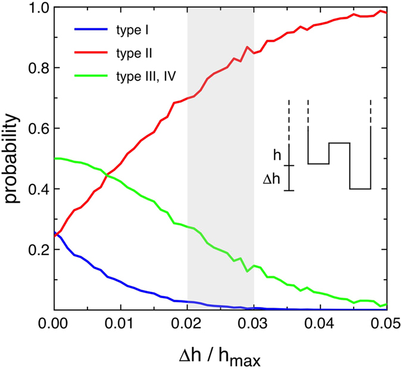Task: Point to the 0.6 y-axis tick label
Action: tap(36, 128)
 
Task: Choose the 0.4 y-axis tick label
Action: tap(36, 189)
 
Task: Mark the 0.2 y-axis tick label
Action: tap(36, 250)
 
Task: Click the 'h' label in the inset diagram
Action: tap(277, 155)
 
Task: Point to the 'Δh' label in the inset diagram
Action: tap(272, 178)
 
